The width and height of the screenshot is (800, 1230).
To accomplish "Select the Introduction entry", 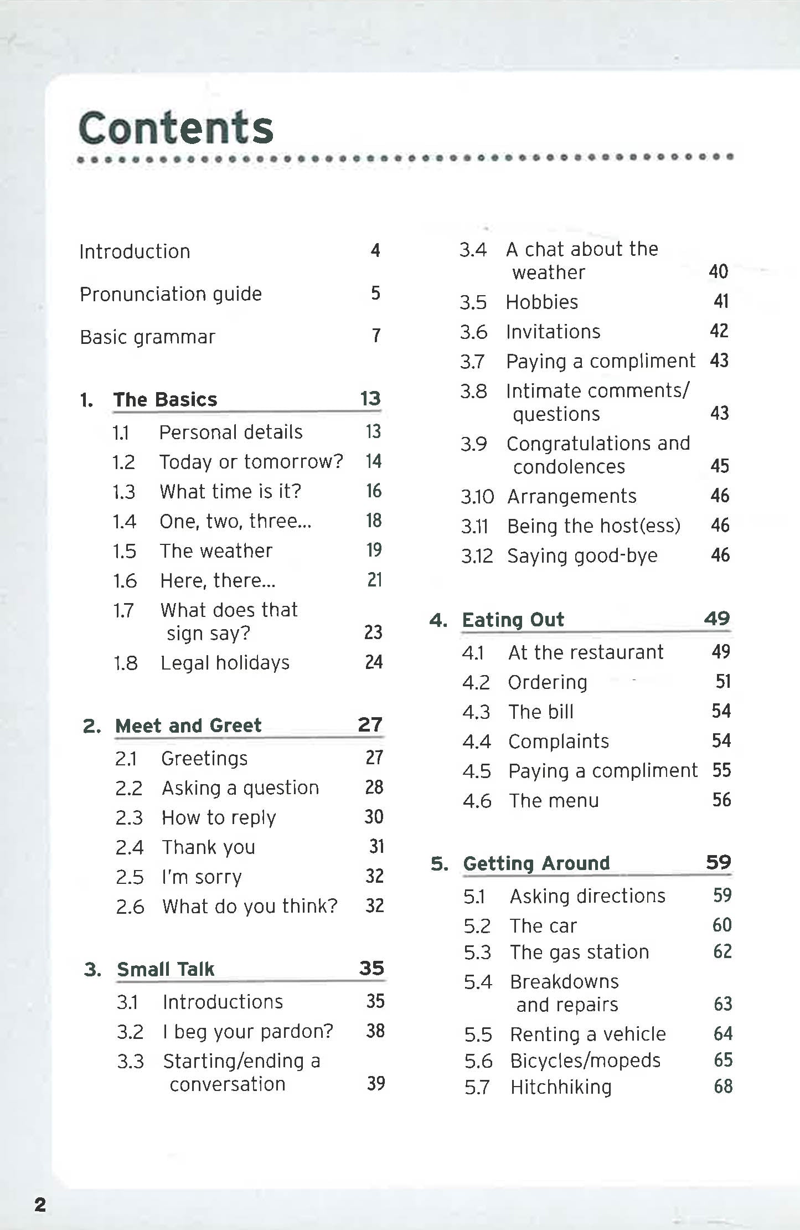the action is pos(135,251).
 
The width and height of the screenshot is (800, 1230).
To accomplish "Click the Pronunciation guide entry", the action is pos(171,294).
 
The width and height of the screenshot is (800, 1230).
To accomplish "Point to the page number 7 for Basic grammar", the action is pos(376,336).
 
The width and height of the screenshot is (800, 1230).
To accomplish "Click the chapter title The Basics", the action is pos(165,399).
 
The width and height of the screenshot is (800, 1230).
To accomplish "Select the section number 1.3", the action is pos(124,492).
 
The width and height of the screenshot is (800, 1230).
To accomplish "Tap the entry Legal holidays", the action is pos(225,663).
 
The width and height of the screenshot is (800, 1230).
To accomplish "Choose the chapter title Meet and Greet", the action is pos(188,725).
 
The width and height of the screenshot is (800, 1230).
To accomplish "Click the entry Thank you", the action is pos(208,847).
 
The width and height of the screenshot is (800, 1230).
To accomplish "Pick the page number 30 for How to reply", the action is pos(374,817).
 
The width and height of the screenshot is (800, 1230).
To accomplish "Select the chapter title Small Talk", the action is pos(166,969).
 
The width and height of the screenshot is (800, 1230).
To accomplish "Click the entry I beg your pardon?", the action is pos(248,1031).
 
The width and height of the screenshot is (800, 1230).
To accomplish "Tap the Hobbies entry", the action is pos(542,302).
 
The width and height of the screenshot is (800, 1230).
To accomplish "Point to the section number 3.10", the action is pos(477,497).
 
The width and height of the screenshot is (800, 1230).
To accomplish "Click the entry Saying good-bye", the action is pos(582,555).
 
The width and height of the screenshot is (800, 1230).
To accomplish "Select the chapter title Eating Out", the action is pos(513,620).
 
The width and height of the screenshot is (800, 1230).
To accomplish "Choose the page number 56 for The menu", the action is pos(721,800).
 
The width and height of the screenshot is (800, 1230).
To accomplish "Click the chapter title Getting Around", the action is pos(536,863).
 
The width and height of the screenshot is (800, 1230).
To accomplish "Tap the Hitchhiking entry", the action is pos(561,1087).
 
